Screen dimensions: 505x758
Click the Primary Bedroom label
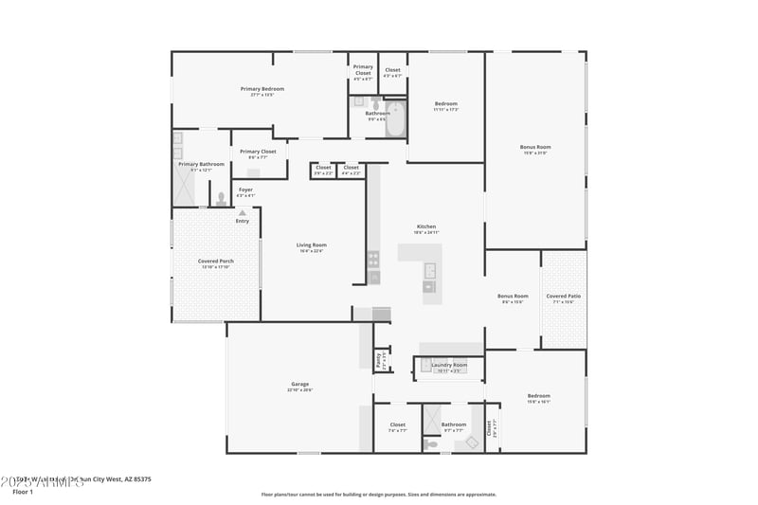262,89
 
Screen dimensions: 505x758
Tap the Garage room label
299,384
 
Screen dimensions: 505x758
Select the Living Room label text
311,245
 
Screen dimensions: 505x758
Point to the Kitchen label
426,226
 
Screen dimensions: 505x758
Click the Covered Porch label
215,261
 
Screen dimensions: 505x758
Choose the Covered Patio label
563,297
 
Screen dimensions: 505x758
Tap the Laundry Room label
448,365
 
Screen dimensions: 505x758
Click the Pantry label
379,360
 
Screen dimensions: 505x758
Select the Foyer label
245,190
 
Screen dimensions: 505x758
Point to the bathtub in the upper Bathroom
395,118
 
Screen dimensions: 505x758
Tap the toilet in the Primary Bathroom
221,199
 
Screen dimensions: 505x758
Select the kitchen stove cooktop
373,256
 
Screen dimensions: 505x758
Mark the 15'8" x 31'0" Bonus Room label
535,147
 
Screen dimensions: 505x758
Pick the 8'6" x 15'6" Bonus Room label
513,297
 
